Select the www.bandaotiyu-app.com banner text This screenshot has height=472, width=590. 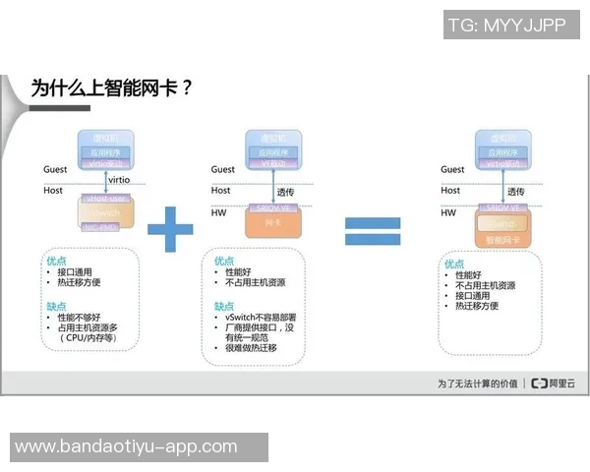coord(126,446)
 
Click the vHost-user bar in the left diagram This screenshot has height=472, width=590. coord(105,199)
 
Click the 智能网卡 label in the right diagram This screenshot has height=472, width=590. coord(504,239)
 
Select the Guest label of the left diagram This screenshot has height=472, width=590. coord(55,170)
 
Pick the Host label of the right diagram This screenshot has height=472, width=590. coord(450,191)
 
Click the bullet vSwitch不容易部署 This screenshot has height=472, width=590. coord(261,319)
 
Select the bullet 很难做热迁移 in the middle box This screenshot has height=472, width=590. coord(252,349)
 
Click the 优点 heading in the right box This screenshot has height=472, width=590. coord(453,264)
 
